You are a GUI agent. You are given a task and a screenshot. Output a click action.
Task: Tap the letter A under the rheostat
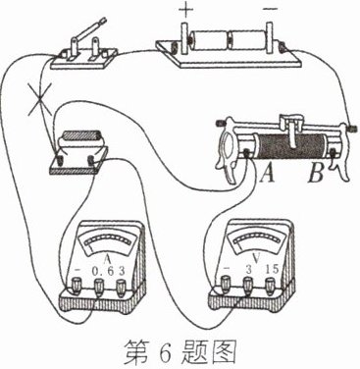(x=268, y=174)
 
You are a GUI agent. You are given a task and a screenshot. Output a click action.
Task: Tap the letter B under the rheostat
(x=316, y=174)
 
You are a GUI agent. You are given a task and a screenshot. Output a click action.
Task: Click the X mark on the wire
(x=40, y=98)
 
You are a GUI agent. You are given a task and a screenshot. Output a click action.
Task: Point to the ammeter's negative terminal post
(x=77, y=286)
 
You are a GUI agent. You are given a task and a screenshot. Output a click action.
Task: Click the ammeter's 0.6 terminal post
(x=99, y=286)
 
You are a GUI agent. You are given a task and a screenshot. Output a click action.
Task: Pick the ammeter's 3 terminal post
(x=121, y=286)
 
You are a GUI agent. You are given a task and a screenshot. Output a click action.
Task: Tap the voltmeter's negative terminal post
(x=226, y=284)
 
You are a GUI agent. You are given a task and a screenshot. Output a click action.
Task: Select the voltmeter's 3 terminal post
(x=248, y=284)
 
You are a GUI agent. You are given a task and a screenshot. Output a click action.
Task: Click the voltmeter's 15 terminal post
(x=270, y=284)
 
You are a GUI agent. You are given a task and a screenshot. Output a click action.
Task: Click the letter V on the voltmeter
(x=257, y=258)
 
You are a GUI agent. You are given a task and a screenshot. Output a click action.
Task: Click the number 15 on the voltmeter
(x=272, y=269)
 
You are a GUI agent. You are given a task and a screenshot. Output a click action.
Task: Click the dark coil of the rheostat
(x=288, y=144)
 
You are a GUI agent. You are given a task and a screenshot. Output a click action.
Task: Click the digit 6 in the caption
(x=166, y=353)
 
